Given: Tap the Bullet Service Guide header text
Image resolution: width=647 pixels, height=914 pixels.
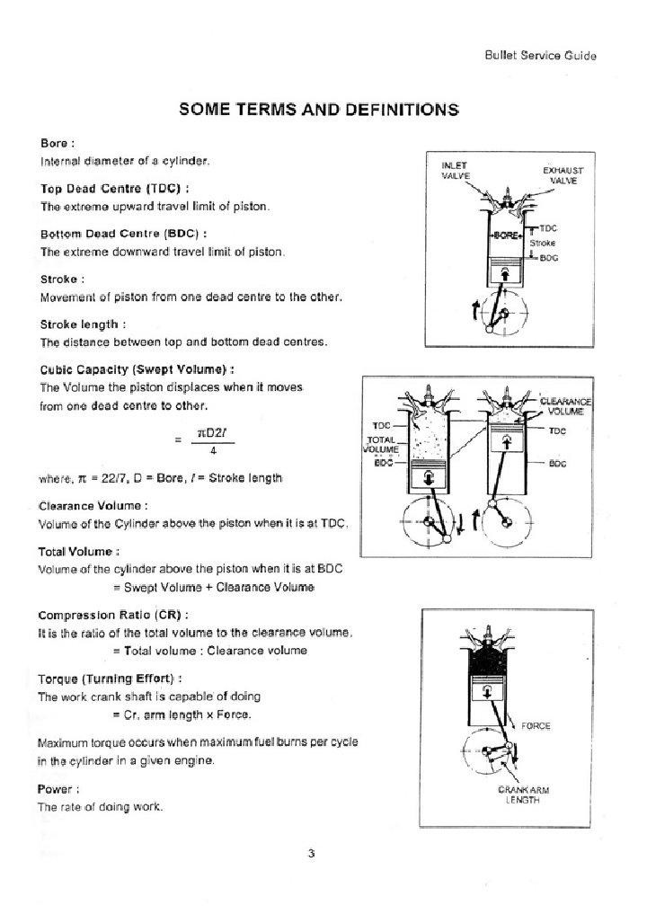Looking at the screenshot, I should point(541,56).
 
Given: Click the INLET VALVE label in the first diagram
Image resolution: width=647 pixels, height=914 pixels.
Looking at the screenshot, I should point(456,170).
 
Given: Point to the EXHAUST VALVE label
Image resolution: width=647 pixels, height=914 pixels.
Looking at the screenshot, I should point(563,174).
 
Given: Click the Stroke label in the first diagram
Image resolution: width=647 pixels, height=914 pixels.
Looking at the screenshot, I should point(544,243).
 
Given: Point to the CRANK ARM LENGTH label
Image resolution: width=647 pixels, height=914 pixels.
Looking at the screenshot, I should point(523,795).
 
